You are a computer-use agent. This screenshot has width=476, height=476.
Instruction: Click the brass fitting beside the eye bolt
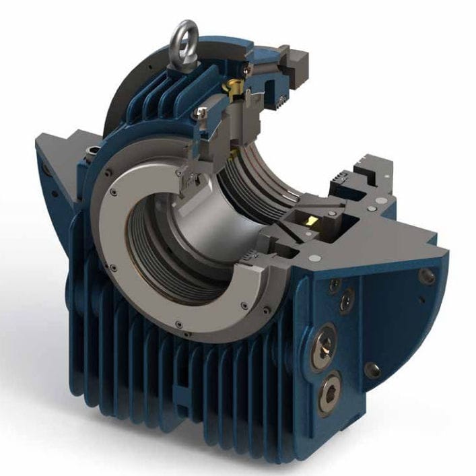pos(236,86)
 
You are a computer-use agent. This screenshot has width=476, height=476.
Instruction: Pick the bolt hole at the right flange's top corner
pos(427,275)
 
